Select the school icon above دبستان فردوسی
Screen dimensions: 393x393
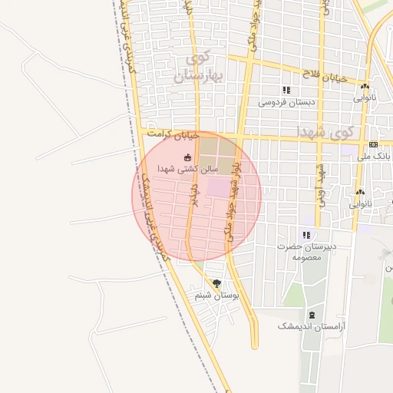click(x=286, y=91)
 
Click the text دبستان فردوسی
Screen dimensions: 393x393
click(x=282, y=102)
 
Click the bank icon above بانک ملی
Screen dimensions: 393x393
click(x=373, y=144)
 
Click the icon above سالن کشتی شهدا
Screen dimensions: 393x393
click(x=187, y=157)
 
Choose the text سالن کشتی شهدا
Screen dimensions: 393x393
click(x=188, y=168)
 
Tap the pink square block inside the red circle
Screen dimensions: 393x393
click(x=218, y=187)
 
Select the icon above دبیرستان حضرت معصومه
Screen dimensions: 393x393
click(x=306, y=235)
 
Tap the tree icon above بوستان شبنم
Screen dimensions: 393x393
click(x=216, y=283)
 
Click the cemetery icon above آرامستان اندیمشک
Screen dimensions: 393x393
click(x=312, y=315)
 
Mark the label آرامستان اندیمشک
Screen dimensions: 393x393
click(x=312, y=326)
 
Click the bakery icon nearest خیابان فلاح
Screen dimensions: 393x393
click(x=365, y=87)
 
